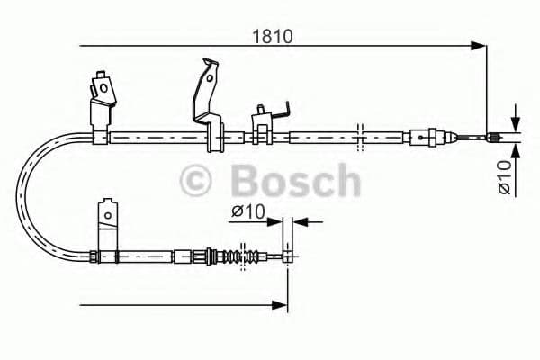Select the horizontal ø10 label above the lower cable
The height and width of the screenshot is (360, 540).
click(x=247, y=211)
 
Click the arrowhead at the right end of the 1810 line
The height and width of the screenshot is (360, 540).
click(x=479, y=45)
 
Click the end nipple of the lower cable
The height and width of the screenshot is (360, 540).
click(x=286, y=256)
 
